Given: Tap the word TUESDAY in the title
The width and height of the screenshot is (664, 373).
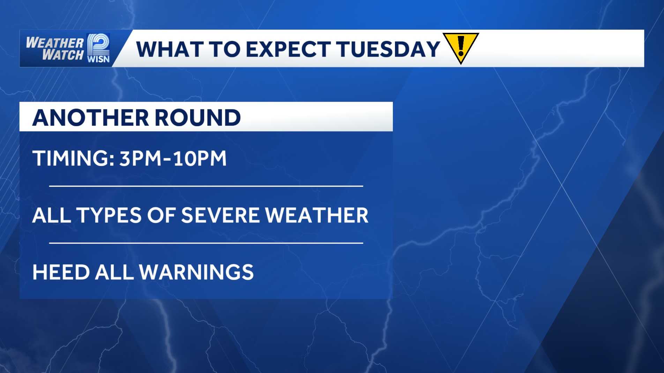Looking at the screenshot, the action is click(x=388, y=49).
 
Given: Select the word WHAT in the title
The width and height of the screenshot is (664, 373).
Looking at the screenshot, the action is click(x=169, y=49).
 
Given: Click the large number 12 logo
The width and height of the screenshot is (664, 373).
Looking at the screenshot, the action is click(x=98, y=44).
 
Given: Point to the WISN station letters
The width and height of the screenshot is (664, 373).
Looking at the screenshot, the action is click(x=98, y=59).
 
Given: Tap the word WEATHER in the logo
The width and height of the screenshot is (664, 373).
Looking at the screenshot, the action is click(x=55, y=43).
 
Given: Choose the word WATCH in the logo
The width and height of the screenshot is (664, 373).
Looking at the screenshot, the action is click(x=63, y=54).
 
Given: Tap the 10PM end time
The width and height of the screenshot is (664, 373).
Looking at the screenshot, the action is click(x=200, y=158).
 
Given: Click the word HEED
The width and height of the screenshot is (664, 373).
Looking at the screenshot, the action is click(x=61, y=272).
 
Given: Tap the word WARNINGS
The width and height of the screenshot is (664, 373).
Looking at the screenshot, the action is click(x=196, y=272).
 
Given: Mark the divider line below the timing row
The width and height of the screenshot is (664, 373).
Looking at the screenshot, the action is click(x=206, y=186).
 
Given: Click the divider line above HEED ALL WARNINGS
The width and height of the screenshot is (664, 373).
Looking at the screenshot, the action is click(x=206, y=243).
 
